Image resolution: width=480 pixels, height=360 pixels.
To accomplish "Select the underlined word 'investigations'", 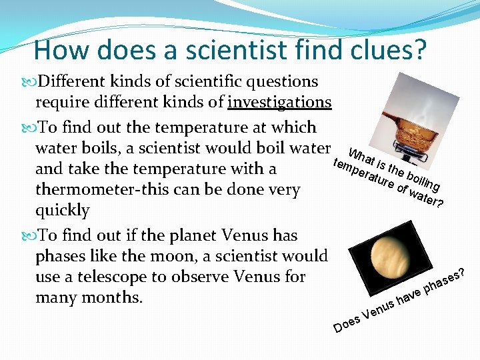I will click(x=279, y=102).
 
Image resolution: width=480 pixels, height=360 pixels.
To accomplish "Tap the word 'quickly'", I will click(x=62, y=210).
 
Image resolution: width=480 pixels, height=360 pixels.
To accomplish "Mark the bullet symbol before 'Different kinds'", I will click(x=29, y=82).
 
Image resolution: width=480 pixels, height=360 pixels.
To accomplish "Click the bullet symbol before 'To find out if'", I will click(x=29, y=236).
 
